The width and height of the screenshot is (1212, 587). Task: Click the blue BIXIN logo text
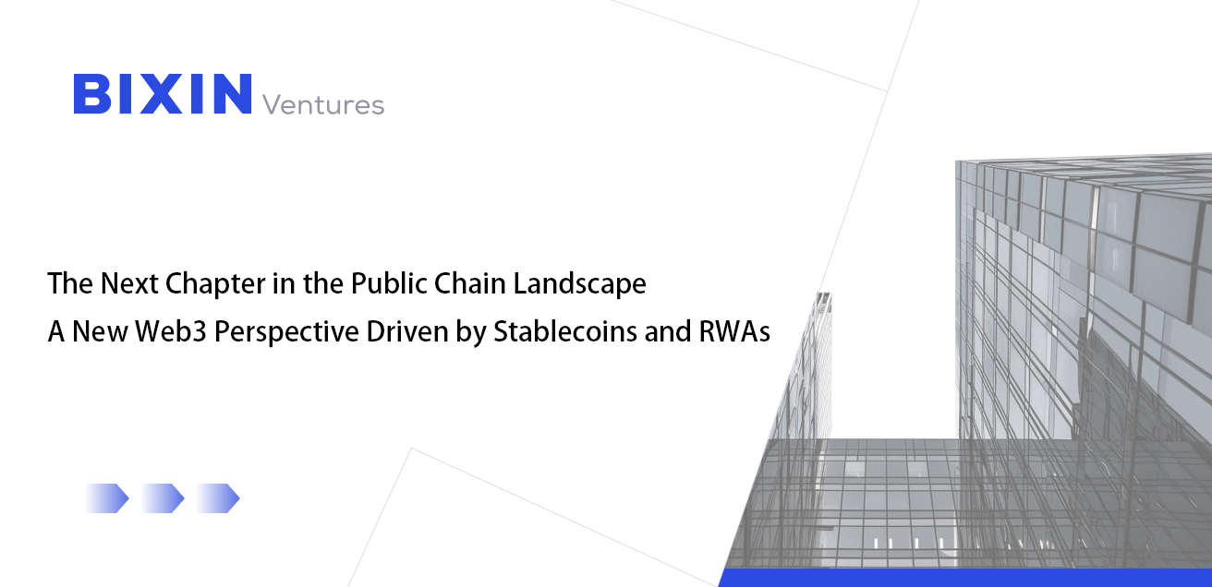click(163, 94)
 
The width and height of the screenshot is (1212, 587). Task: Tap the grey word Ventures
click(323, 104)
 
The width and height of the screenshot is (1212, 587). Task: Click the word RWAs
click(734, 331)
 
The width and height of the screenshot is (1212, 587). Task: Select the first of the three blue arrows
click(107, 498)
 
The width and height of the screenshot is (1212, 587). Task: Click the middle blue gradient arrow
click(163, 498)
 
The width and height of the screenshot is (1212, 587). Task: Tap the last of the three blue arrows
click(218, 498)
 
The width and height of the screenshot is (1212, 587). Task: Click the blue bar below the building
click(964, 578)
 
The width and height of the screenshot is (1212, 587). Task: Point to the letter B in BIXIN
click(92, 94)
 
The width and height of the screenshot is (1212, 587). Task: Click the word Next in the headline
click(116, 283)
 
